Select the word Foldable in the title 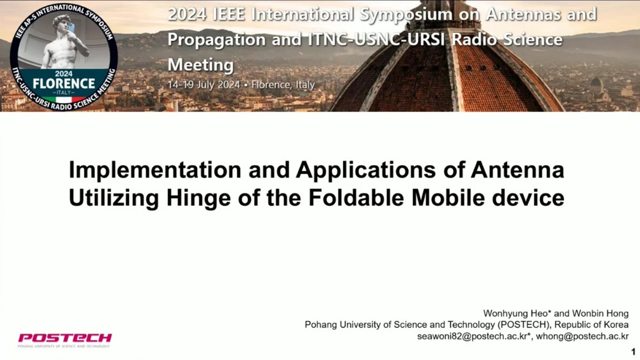[x=356, y=198]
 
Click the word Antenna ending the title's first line [x=517, y=170]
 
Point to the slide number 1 [x=633, y=352]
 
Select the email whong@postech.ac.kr [x=582, y=336]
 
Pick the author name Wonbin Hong [x=600, y=313]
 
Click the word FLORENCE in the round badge [x=64, y=84]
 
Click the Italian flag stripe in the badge [x=64, y=100]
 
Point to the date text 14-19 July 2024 [x=204, y=85]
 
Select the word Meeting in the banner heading [x=201, y=65]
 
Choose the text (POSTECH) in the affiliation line [x=524, y=325]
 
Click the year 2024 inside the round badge [x=64, y=74]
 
